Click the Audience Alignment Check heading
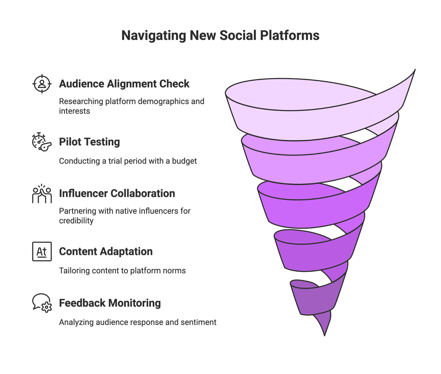(124, 84)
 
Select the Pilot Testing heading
(90, 142)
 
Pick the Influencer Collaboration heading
(117, 193)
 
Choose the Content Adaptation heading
(106, 252)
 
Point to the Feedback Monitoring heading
(110, 303)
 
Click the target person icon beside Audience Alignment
(42, 84)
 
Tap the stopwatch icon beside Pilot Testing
(42, 142)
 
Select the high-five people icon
(42, 194)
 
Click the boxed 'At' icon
(42, 251)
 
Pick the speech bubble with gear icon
(42, 303)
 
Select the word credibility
(76, 221)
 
